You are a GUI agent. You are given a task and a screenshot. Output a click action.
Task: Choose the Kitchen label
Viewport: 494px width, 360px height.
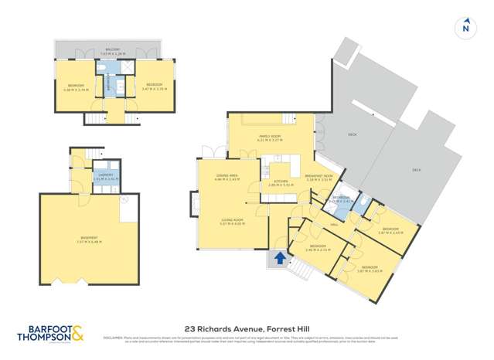pyautogui.click(x=277, y=184)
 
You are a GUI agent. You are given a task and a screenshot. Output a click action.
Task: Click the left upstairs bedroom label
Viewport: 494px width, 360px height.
pyautogui.click(x=77, y=87)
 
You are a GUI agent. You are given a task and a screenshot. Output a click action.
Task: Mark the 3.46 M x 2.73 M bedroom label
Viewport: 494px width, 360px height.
pyautogui.click(x=318, y=248)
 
